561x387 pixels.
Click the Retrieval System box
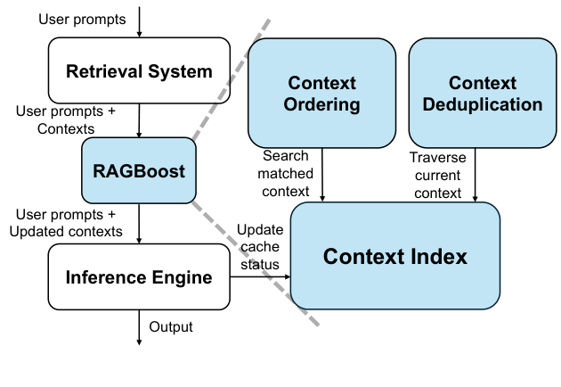pyautogui.click(x=139, y=71)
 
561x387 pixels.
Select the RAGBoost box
pyautogui.click(x=139, y=170)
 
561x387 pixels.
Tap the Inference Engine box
pyautogui.click(x=139, y=277)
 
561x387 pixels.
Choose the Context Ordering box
pyautogui.click(x=321, y=93)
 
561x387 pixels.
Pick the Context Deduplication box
pyautogui.click(x=482, y=93)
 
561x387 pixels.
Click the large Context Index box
pyautogui.click(x=395, y=257)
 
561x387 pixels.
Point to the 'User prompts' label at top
pyautogui.click(x=82, y=18)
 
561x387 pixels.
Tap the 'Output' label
pyautogui.click(x=171, y=327)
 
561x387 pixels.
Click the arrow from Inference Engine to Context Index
pyautogui.click(x=260, y=277)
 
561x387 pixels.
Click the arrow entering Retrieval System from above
pyautogui.click(x=139, y=24)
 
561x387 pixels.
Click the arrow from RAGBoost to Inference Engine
pyautogui.click(x=139, y=223)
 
